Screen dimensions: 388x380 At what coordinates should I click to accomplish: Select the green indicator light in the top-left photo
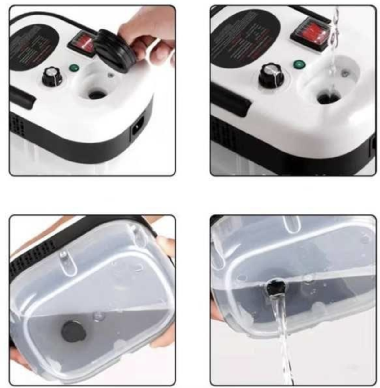click(x=74, y=68)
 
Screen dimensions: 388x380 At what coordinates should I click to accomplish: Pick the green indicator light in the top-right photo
click(x=299, y=64)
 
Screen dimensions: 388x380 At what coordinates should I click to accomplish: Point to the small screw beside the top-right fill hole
click(x=344, y=73)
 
